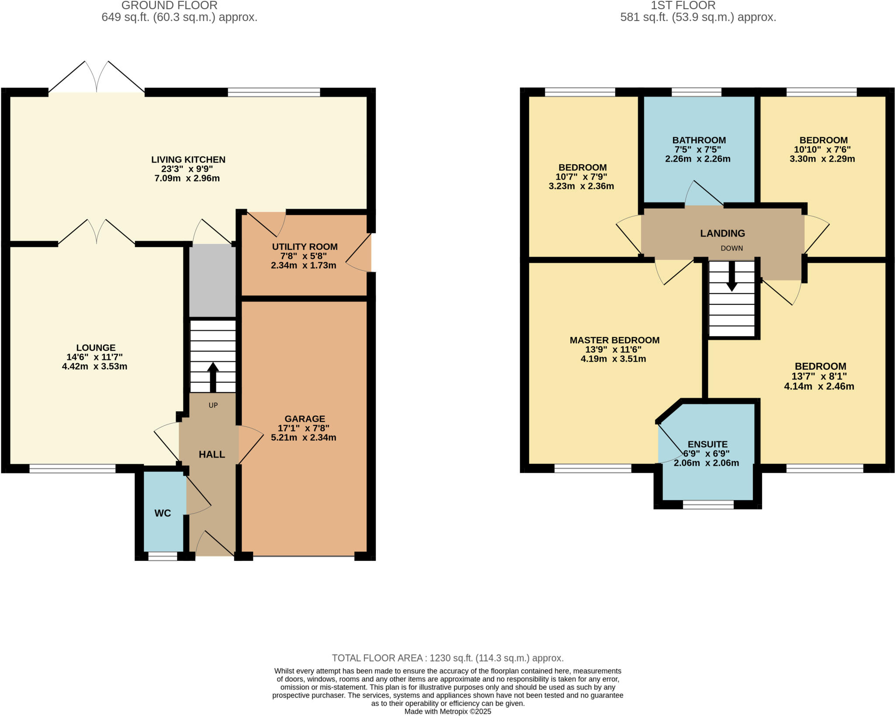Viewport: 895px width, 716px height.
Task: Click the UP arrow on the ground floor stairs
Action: point(213,377)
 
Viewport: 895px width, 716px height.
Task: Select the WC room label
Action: point(163,513)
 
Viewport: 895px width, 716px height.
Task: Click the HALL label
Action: point(212,455)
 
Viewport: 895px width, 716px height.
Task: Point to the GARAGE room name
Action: point(305,419)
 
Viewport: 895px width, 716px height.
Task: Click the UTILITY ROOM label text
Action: point(305,247)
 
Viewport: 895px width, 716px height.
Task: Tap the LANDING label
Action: point(722,233)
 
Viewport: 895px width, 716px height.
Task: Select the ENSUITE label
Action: point(708,444)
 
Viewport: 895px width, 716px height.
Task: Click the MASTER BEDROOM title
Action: point(614,340)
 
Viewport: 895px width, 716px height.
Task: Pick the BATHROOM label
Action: point(699,140)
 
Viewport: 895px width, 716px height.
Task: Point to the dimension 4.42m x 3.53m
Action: point(94,366)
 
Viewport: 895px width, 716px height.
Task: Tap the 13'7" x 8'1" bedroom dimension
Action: point(819,376)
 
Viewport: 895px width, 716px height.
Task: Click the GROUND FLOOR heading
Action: point(169,6)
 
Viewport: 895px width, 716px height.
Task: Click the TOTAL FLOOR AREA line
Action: point(447,658)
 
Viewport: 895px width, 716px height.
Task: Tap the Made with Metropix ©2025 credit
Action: point(447,711)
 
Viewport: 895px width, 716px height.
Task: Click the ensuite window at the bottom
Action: point(708,505)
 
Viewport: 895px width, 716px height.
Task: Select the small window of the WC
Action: point(163,556)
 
